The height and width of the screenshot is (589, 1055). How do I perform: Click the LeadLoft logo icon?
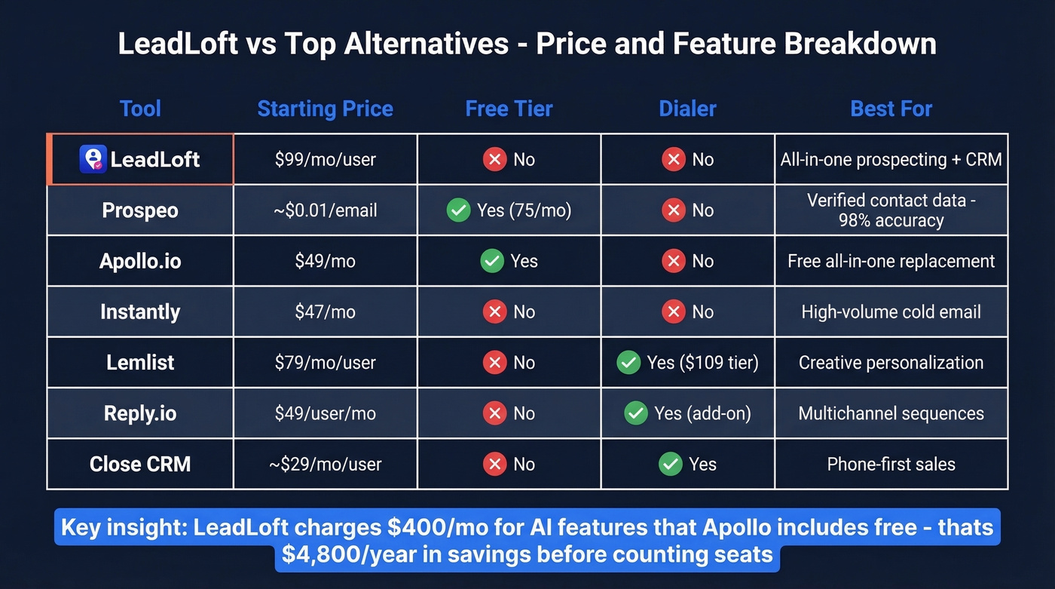[x=93, y=159]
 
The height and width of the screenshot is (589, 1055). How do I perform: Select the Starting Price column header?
[x=325, y=109]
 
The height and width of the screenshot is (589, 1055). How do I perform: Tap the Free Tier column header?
[x=509, y=109]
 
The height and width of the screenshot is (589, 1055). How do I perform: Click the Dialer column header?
[x=687, y=109]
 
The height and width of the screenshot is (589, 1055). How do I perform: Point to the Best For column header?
[x=891, y=109]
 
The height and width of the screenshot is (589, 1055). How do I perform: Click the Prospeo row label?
[x=140, y=210]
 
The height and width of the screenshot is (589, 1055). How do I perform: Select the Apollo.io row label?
[x=140, y=261]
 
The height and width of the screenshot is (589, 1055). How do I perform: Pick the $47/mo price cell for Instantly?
[x=325, y=311]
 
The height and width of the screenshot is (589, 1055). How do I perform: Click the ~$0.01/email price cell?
[x=325, y=210]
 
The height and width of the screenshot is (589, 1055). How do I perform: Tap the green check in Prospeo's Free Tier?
[x=458, y=210]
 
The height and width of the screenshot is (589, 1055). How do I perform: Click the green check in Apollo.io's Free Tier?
[x=492, y=261]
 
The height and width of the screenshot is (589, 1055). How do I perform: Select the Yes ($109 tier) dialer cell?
[x=687, y=363]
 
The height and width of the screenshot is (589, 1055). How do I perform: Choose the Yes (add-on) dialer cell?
[x=687, y=413]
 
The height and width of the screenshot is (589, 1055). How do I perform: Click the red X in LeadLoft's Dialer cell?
[x=673, y=159]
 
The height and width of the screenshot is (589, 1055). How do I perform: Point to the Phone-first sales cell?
[x=891, y=464]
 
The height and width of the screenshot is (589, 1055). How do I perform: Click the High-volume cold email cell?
[x=891, y=311]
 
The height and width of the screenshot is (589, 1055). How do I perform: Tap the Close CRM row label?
[x=140, y=464]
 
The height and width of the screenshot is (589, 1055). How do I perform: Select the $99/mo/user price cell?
[x=325, y=159]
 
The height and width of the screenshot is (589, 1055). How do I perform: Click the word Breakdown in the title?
[x=860, y=44]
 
